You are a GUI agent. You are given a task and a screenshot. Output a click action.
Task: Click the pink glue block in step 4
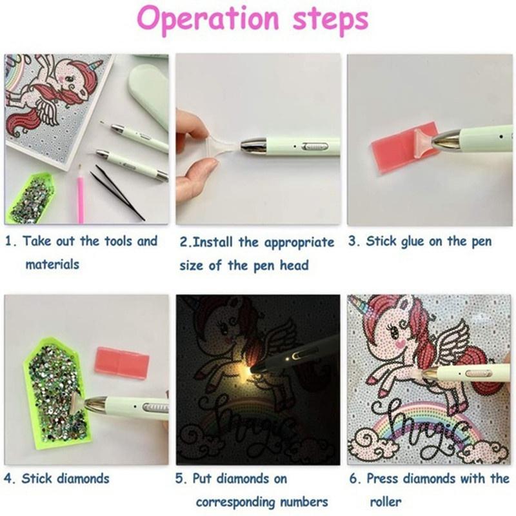(x=122, y=363)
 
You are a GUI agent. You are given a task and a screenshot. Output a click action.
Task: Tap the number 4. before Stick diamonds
(x=10, y=479)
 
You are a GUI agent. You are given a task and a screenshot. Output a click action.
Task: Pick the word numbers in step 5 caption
(x=304, y=502)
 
